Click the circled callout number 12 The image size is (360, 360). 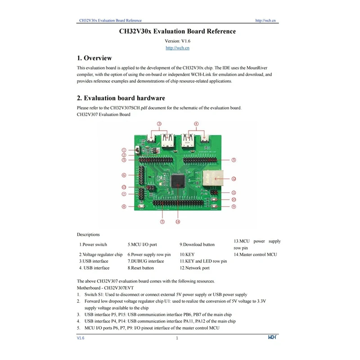[x=234, y=179]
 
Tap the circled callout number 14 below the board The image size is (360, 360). [x=178, y=221]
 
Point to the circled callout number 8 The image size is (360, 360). [x=124, y=207]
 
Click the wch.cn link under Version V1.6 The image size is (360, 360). [x=177, y=48]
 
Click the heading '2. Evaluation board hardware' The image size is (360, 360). [x=121, y=98]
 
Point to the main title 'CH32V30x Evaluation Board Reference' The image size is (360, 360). [x=177, y=31]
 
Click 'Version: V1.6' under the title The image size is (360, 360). [x=177, y=40]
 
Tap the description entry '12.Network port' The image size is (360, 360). [x=194, y=268]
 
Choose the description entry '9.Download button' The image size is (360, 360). [x=197, y=244]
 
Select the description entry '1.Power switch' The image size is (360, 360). [x=93, y=244]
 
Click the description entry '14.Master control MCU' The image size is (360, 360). [x=255, y=254]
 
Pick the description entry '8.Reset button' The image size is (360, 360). [x=140, y=268]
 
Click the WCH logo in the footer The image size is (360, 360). [x=273, y=337]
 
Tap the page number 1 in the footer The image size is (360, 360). [x=177, y=337]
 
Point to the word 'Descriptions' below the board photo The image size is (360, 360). [x=88, y=234]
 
